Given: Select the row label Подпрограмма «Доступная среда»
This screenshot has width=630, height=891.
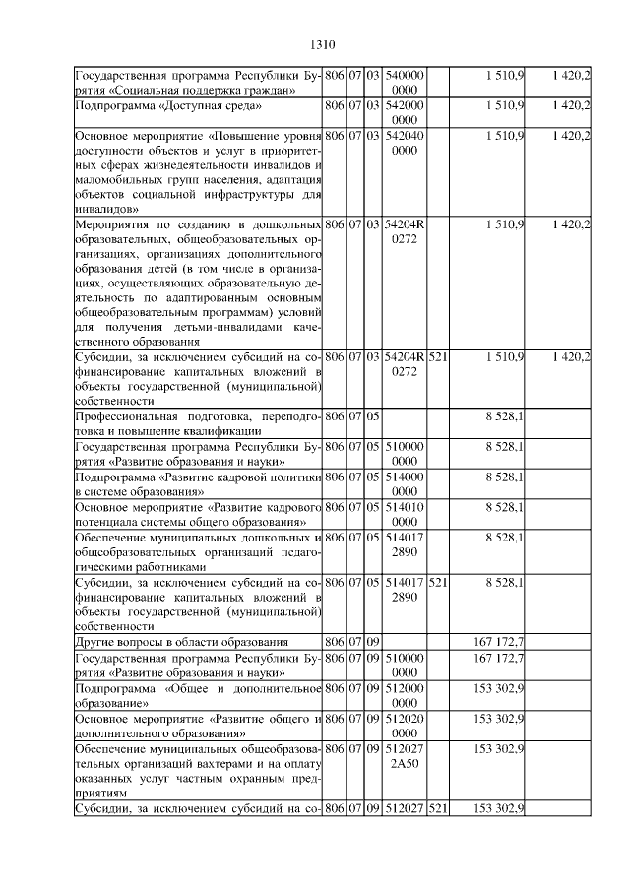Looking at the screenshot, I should pyautogui.click(x=168, y=104).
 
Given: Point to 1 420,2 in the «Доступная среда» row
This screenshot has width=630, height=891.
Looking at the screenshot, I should pyautogui.click(x=571, y=104).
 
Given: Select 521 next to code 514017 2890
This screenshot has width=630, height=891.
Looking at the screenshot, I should pyautogui.click(x=438, y=582).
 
